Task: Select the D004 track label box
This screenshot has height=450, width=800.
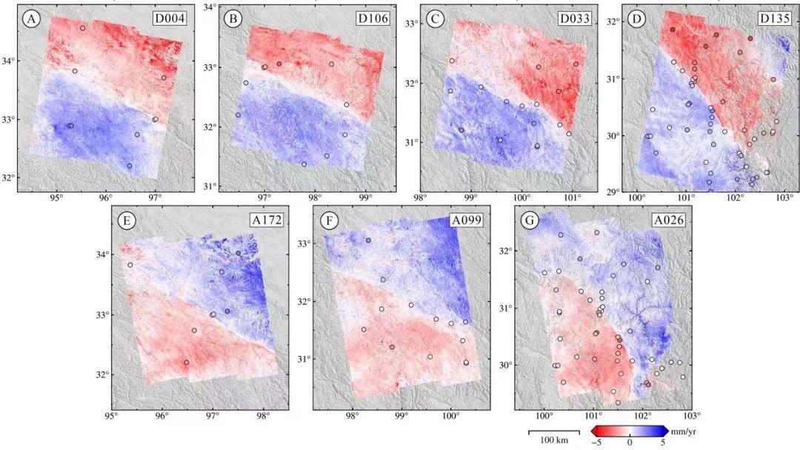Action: (170, 18)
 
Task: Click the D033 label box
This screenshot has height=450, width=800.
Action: (573, 18)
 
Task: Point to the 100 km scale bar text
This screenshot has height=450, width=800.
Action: (553, 440)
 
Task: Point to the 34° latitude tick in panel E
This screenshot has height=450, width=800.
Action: (103, 255)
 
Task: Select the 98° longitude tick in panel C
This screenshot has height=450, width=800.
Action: (421, 198)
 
